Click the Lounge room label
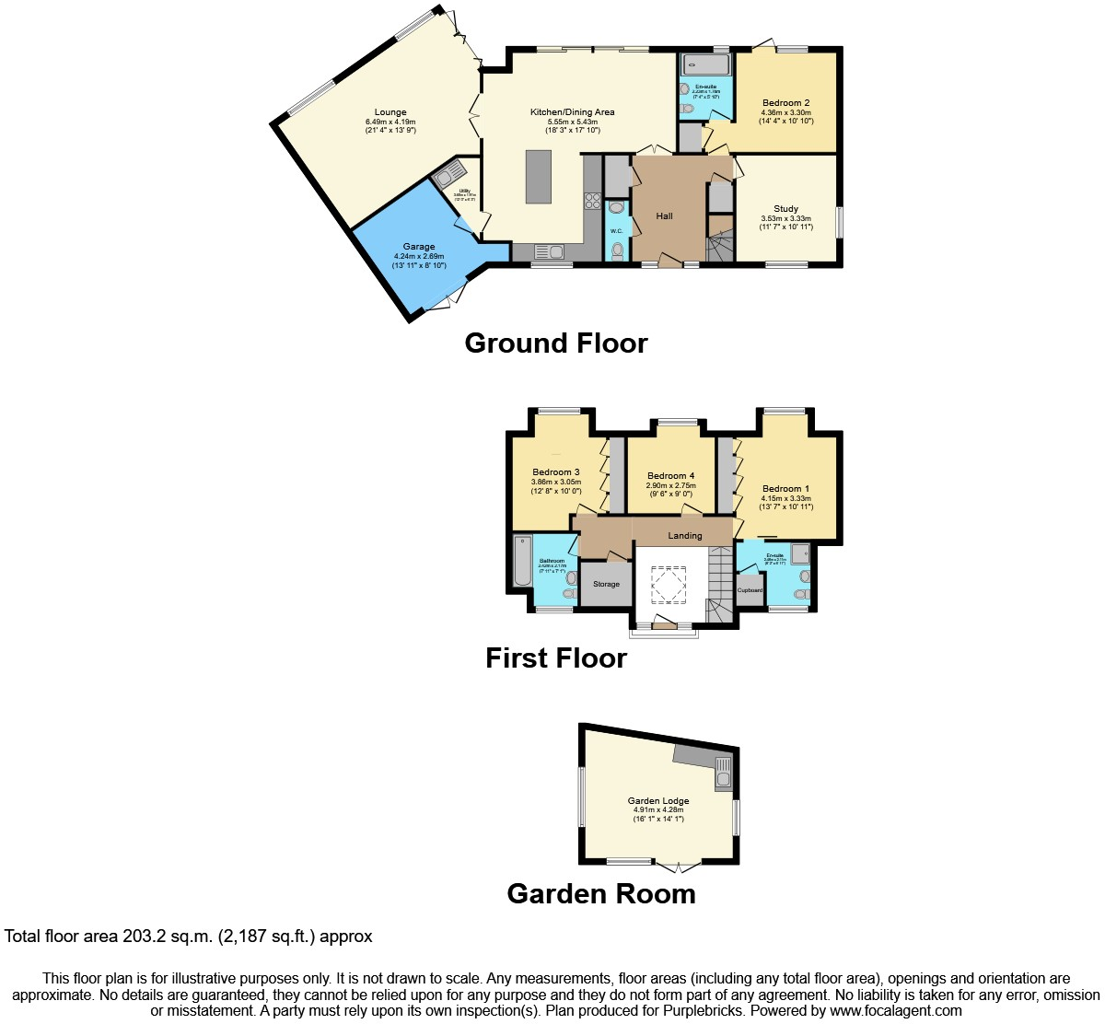(390, 112)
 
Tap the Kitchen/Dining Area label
(572, 112)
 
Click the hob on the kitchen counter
(592, 201)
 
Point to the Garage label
(419, 247)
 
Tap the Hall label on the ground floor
(664, 216)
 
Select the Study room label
(785, 209)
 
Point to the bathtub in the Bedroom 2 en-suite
(706, 64)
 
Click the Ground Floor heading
(556, 343)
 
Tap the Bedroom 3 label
(556, 472)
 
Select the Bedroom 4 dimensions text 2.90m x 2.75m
(670, 485)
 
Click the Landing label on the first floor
(684, 536)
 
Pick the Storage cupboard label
(606, 585)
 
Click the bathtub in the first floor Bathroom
(522, 560)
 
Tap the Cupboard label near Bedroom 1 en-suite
(750, 590)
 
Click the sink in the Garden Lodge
(724, 778)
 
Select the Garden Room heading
(601, 894)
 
